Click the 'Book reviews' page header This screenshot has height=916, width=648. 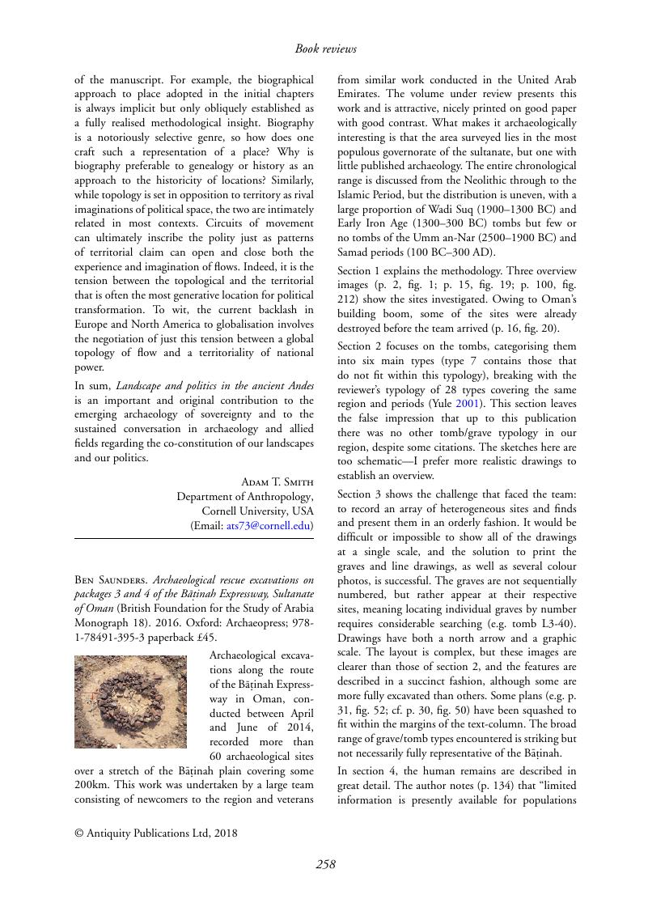tap(325, 49)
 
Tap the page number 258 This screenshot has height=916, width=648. tap(325, 864)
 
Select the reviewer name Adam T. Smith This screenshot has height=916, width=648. tap(277, 482)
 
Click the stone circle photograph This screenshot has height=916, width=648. tap(130, 702)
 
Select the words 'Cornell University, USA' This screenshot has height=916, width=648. tap(256, 511)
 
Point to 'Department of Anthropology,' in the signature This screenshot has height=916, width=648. tap(244, 497)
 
